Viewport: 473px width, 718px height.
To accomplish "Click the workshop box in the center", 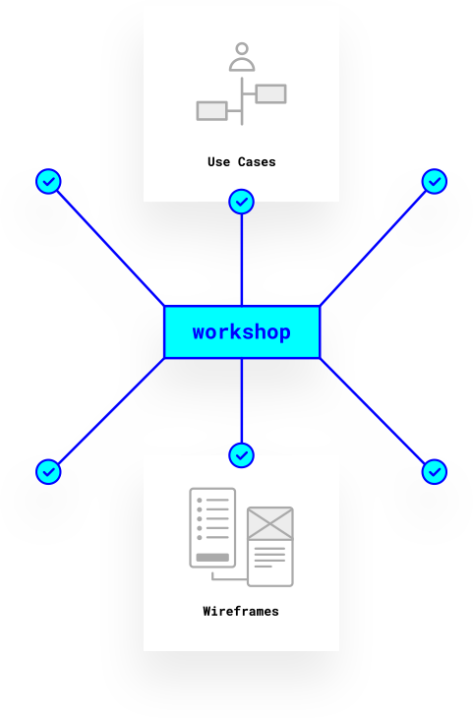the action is [242, 332].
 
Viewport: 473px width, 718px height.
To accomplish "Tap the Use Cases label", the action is [242, 162].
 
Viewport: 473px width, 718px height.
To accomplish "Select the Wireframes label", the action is [241, 612].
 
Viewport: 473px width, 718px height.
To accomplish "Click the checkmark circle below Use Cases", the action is [241, 202].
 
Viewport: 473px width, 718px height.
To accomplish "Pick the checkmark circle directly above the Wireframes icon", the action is [241, 455].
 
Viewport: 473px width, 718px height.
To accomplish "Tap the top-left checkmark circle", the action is [48, 181].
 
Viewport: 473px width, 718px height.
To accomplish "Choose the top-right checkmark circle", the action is [435, 181].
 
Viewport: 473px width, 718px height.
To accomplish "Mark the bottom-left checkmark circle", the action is [48, 472].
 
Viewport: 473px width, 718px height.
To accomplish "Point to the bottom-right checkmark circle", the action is [435, 472].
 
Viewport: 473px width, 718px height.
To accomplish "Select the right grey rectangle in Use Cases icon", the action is [271, 93].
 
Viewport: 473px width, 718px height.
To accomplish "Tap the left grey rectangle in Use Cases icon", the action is [211, 111].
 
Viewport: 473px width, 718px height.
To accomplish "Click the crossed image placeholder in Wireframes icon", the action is [270, 523].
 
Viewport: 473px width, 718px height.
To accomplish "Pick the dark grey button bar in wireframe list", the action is [212, 558].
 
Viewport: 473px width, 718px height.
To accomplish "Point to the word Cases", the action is [257, 162].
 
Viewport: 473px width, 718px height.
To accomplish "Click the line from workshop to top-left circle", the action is [111, 248].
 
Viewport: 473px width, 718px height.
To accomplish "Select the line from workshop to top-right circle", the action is [373, 248].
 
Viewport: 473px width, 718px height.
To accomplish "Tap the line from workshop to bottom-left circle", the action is [111, 411].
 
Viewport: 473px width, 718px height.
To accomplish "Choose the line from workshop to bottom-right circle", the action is [373, 411].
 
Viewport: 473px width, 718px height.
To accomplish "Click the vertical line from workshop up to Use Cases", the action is [242, 260].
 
